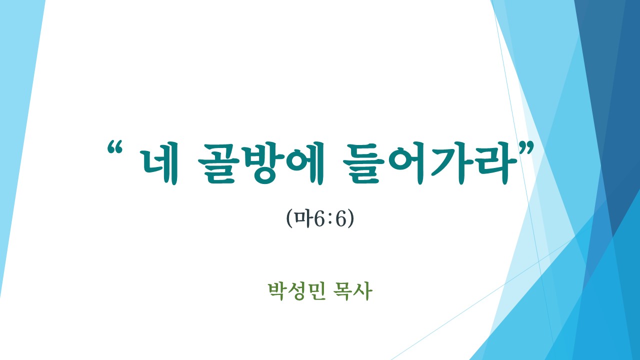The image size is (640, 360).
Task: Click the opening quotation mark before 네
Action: point(115,147)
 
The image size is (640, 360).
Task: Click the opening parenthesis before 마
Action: point(289,219)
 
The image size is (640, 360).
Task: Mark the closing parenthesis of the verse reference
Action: point(351,219)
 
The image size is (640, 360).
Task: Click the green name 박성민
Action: point(296,291)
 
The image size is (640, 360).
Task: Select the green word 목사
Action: point(353,291)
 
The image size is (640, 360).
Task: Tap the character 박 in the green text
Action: point(277,291)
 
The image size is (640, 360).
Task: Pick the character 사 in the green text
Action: point(363,291)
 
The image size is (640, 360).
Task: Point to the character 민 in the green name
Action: point(316,291)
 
